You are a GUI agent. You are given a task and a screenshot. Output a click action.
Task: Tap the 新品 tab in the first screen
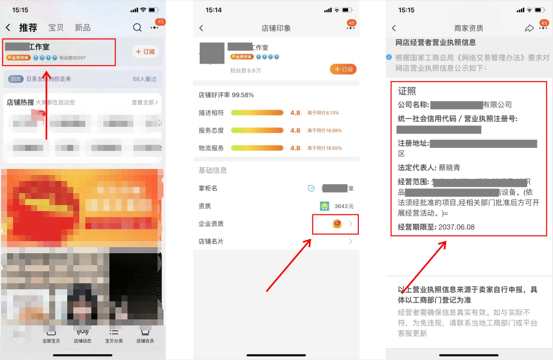tap(82, 28)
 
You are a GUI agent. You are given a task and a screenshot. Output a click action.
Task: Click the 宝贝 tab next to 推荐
tap(56, 28)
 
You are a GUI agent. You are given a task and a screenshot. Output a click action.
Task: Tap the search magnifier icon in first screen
tap(137, 28)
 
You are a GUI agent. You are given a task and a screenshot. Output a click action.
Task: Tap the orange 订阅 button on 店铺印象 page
tap(343, 69)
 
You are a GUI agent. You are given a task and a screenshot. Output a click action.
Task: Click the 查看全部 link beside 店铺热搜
tap(145, 102)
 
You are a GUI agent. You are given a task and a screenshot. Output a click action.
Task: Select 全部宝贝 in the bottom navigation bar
tap(51, 336)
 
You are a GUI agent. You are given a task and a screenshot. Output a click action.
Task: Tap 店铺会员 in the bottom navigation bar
tap(145, 336)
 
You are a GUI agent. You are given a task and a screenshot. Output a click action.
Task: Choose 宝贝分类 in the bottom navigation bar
tap(113, 336)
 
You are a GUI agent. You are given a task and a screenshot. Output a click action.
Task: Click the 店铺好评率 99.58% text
tap(226, 95)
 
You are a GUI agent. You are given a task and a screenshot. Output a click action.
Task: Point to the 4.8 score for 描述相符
tap(295, 113)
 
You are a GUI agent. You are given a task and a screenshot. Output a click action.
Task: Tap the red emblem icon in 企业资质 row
tap(337, 224)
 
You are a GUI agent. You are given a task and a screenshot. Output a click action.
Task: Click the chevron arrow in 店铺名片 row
tap(351, 242)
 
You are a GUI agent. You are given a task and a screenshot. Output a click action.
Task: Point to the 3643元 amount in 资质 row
tap(344, 206)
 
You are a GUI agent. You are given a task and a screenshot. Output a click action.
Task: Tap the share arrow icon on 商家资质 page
tap(529, 29)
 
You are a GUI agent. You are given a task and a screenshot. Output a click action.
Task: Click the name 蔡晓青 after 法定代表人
tap(450, 167)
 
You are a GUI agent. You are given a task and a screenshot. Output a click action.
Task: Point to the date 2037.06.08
tap(456, 227)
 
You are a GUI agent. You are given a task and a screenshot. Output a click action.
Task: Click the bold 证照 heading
tap(407, 91)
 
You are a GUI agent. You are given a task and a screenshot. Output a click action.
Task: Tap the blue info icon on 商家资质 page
tap(389, 57)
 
